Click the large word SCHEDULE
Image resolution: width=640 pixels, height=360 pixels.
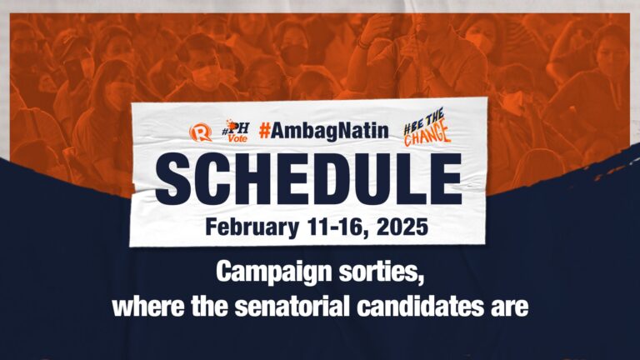coord(309,179)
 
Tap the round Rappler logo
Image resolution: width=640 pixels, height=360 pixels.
coord(200,132)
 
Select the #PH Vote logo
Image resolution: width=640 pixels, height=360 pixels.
coord(236,131)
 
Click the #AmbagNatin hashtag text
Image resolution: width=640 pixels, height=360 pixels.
coord(323,131)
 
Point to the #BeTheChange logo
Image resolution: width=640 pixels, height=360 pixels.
coord(427,127)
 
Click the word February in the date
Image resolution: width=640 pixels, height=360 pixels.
coord(252,227)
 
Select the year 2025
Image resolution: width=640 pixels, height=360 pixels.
coord(402,227)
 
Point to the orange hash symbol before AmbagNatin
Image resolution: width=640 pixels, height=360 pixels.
coord(264,131)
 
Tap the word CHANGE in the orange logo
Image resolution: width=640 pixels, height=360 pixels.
coord(427,136)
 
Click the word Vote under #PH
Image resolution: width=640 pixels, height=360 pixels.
coord(238,138)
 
